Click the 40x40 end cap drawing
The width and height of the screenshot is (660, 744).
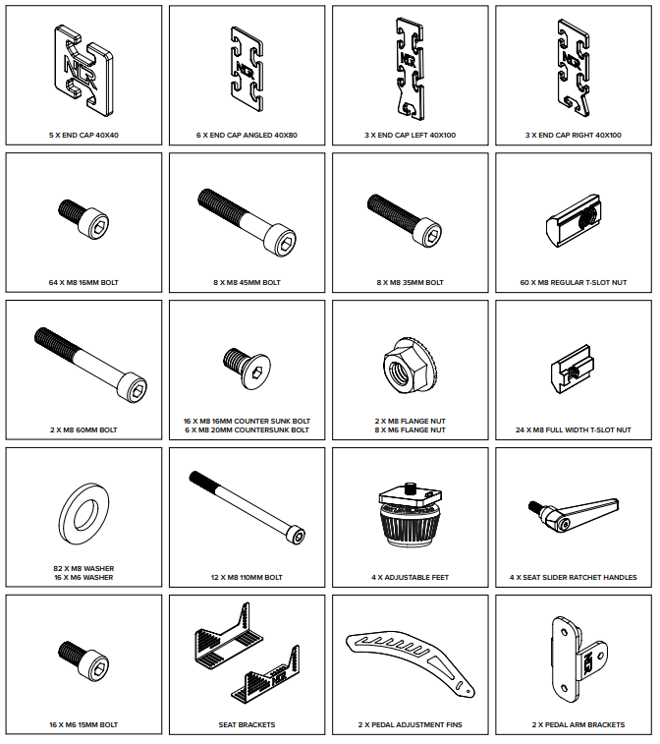coord(83,70)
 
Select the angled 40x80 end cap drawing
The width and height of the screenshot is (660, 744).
coord(247,69)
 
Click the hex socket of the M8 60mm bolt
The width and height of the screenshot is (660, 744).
coord(137,390)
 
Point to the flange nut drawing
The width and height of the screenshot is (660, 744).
coord(411,366)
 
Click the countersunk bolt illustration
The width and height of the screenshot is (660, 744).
coord(247,369)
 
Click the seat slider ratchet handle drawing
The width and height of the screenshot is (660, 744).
coord(574,514)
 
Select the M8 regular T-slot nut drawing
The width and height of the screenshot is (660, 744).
coord(574,220)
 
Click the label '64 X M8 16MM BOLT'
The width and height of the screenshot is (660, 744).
coord(83,283)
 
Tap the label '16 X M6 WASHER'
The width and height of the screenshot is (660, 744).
coord(83,578)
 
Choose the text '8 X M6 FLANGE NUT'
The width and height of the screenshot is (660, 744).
coord(411,429)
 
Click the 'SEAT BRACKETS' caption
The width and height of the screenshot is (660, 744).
coord(247,725)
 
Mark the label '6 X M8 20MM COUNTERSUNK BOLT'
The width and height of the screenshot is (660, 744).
coord(247,429)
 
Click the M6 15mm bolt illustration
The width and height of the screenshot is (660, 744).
coord(83,660)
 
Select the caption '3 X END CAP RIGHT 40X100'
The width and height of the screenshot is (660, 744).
coord(574,136)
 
